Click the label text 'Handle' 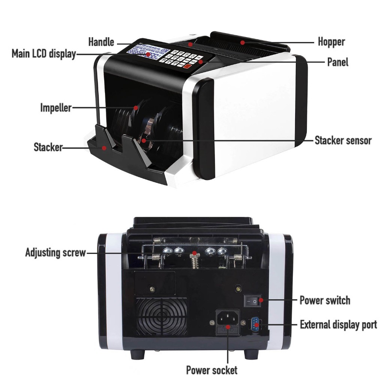[101, 42]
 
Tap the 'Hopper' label [331, 42]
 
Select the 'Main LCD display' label [43, 54]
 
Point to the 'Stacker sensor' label [343, 141]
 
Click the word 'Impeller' [55, 108]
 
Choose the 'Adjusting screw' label [55, 252]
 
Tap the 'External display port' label [338, 324]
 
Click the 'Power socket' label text [212, 370]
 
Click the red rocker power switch [253, 301]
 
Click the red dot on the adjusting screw [194, 253]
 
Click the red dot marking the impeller [135, 108]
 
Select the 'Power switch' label [325, 300]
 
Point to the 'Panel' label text [337, 62]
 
